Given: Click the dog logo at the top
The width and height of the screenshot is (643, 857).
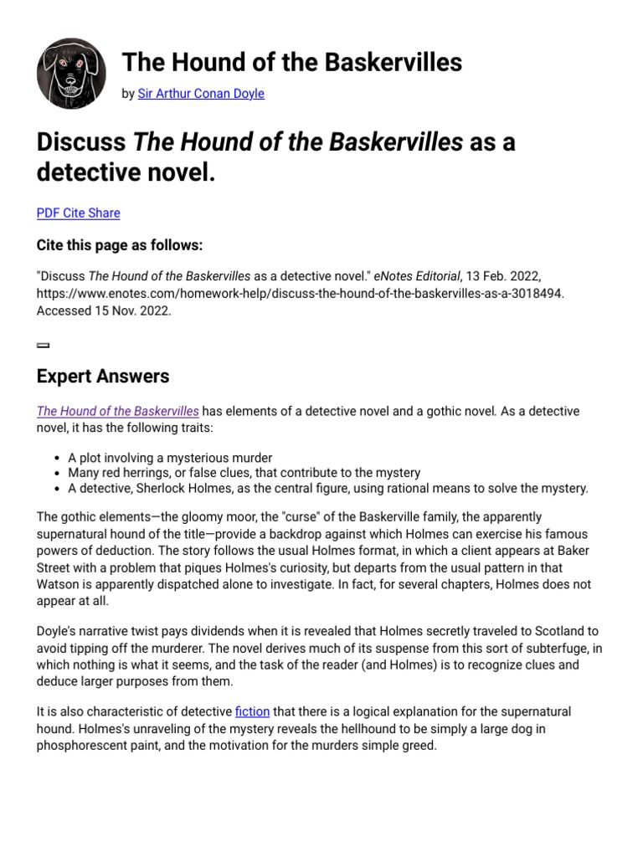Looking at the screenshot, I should click(x=71, y=74).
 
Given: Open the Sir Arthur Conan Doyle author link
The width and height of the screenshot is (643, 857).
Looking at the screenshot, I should click(x=200, y=94).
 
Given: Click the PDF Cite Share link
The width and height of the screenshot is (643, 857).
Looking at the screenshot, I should click(x=78, y=213).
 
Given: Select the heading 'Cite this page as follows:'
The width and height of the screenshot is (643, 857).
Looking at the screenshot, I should click(x=120, y=245).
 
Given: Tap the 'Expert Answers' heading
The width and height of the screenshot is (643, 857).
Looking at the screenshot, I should click(x=103, y=377).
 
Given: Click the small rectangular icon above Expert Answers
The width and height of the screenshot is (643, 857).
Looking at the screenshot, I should click(x=43, y=345).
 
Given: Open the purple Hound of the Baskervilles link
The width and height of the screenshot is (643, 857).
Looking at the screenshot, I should click(x=118, y=411).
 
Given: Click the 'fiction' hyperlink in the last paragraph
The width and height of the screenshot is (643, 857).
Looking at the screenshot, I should click(x=252, y=711).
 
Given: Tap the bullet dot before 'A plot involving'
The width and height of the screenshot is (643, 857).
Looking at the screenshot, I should click(x=56, y=459).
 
